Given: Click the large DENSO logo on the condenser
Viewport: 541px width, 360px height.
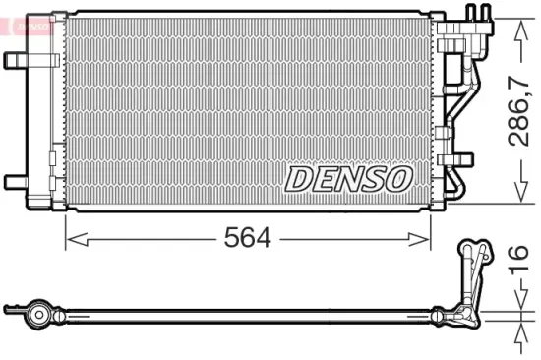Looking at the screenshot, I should [347, 179].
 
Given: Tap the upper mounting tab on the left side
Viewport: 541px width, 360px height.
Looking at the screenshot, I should [17, 60].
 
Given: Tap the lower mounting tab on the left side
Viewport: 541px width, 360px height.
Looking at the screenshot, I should [17, 180].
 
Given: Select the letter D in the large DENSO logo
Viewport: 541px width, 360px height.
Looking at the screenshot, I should [298, 179].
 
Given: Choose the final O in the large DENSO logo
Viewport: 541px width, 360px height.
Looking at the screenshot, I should [397, 179].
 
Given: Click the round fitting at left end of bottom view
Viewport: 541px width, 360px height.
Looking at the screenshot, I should [38, 315].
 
